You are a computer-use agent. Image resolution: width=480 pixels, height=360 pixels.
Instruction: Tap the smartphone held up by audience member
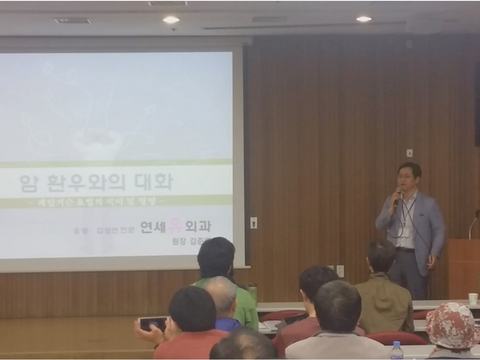tap(152, 323)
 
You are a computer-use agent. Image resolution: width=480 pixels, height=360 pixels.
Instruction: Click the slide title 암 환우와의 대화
tap(96, 182)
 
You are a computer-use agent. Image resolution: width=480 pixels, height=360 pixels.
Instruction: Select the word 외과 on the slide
tap(208, 226)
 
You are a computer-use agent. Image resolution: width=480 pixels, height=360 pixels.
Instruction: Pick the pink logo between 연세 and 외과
tap(181, 226)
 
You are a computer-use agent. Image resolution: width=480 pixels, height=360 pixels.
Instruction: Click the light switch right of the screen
tap(253, 222)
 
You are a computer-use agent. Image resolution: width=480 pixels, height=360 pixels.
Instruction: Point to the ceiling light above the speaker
tap(363, 18)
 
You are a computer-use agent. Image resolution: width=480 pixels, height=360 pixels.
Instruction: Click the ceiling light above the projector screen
tap(171, 18)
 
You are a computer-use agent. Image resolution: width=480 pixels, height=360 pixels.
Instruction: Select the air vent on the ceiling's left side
tap(73, 19)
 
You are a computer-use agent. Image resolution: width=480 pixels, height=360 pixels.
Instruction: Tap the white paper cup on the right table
tap(472, 298)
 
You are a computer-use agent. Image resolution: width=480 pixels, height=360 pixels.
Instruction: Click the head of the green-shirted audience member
tap(215, 256)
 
